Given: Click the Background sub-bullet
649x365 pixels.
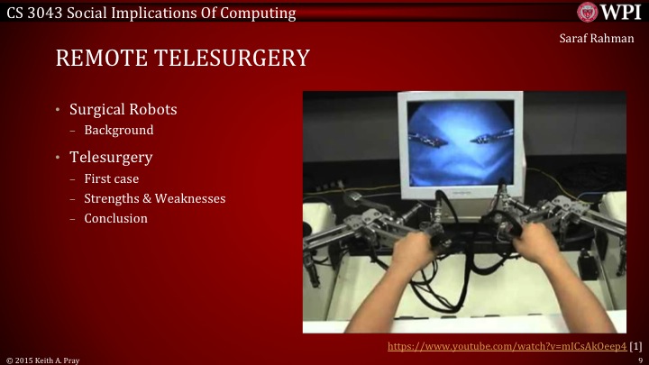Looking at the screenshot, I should [119, 130].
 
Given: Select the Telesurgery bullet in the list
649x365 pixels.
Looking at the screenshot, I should [111, 158].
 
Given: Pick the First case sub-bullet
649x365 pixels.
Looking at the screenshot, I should [111, 178].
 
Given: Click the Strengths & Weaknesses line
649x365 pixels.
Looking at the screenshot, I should [155, 198].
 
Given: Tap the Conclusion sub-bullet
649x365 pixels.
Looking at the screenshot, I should [115, 218].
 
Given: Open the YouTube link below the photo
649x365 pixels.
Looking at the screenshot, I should [507, 346].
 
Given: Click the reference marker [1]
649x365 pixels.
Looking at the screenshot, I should [635, 346].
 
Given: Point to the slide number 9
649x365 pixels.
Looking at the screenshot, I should [639, 360].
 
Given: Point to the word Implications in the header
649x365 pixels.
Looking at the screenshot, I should [157, 13].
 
